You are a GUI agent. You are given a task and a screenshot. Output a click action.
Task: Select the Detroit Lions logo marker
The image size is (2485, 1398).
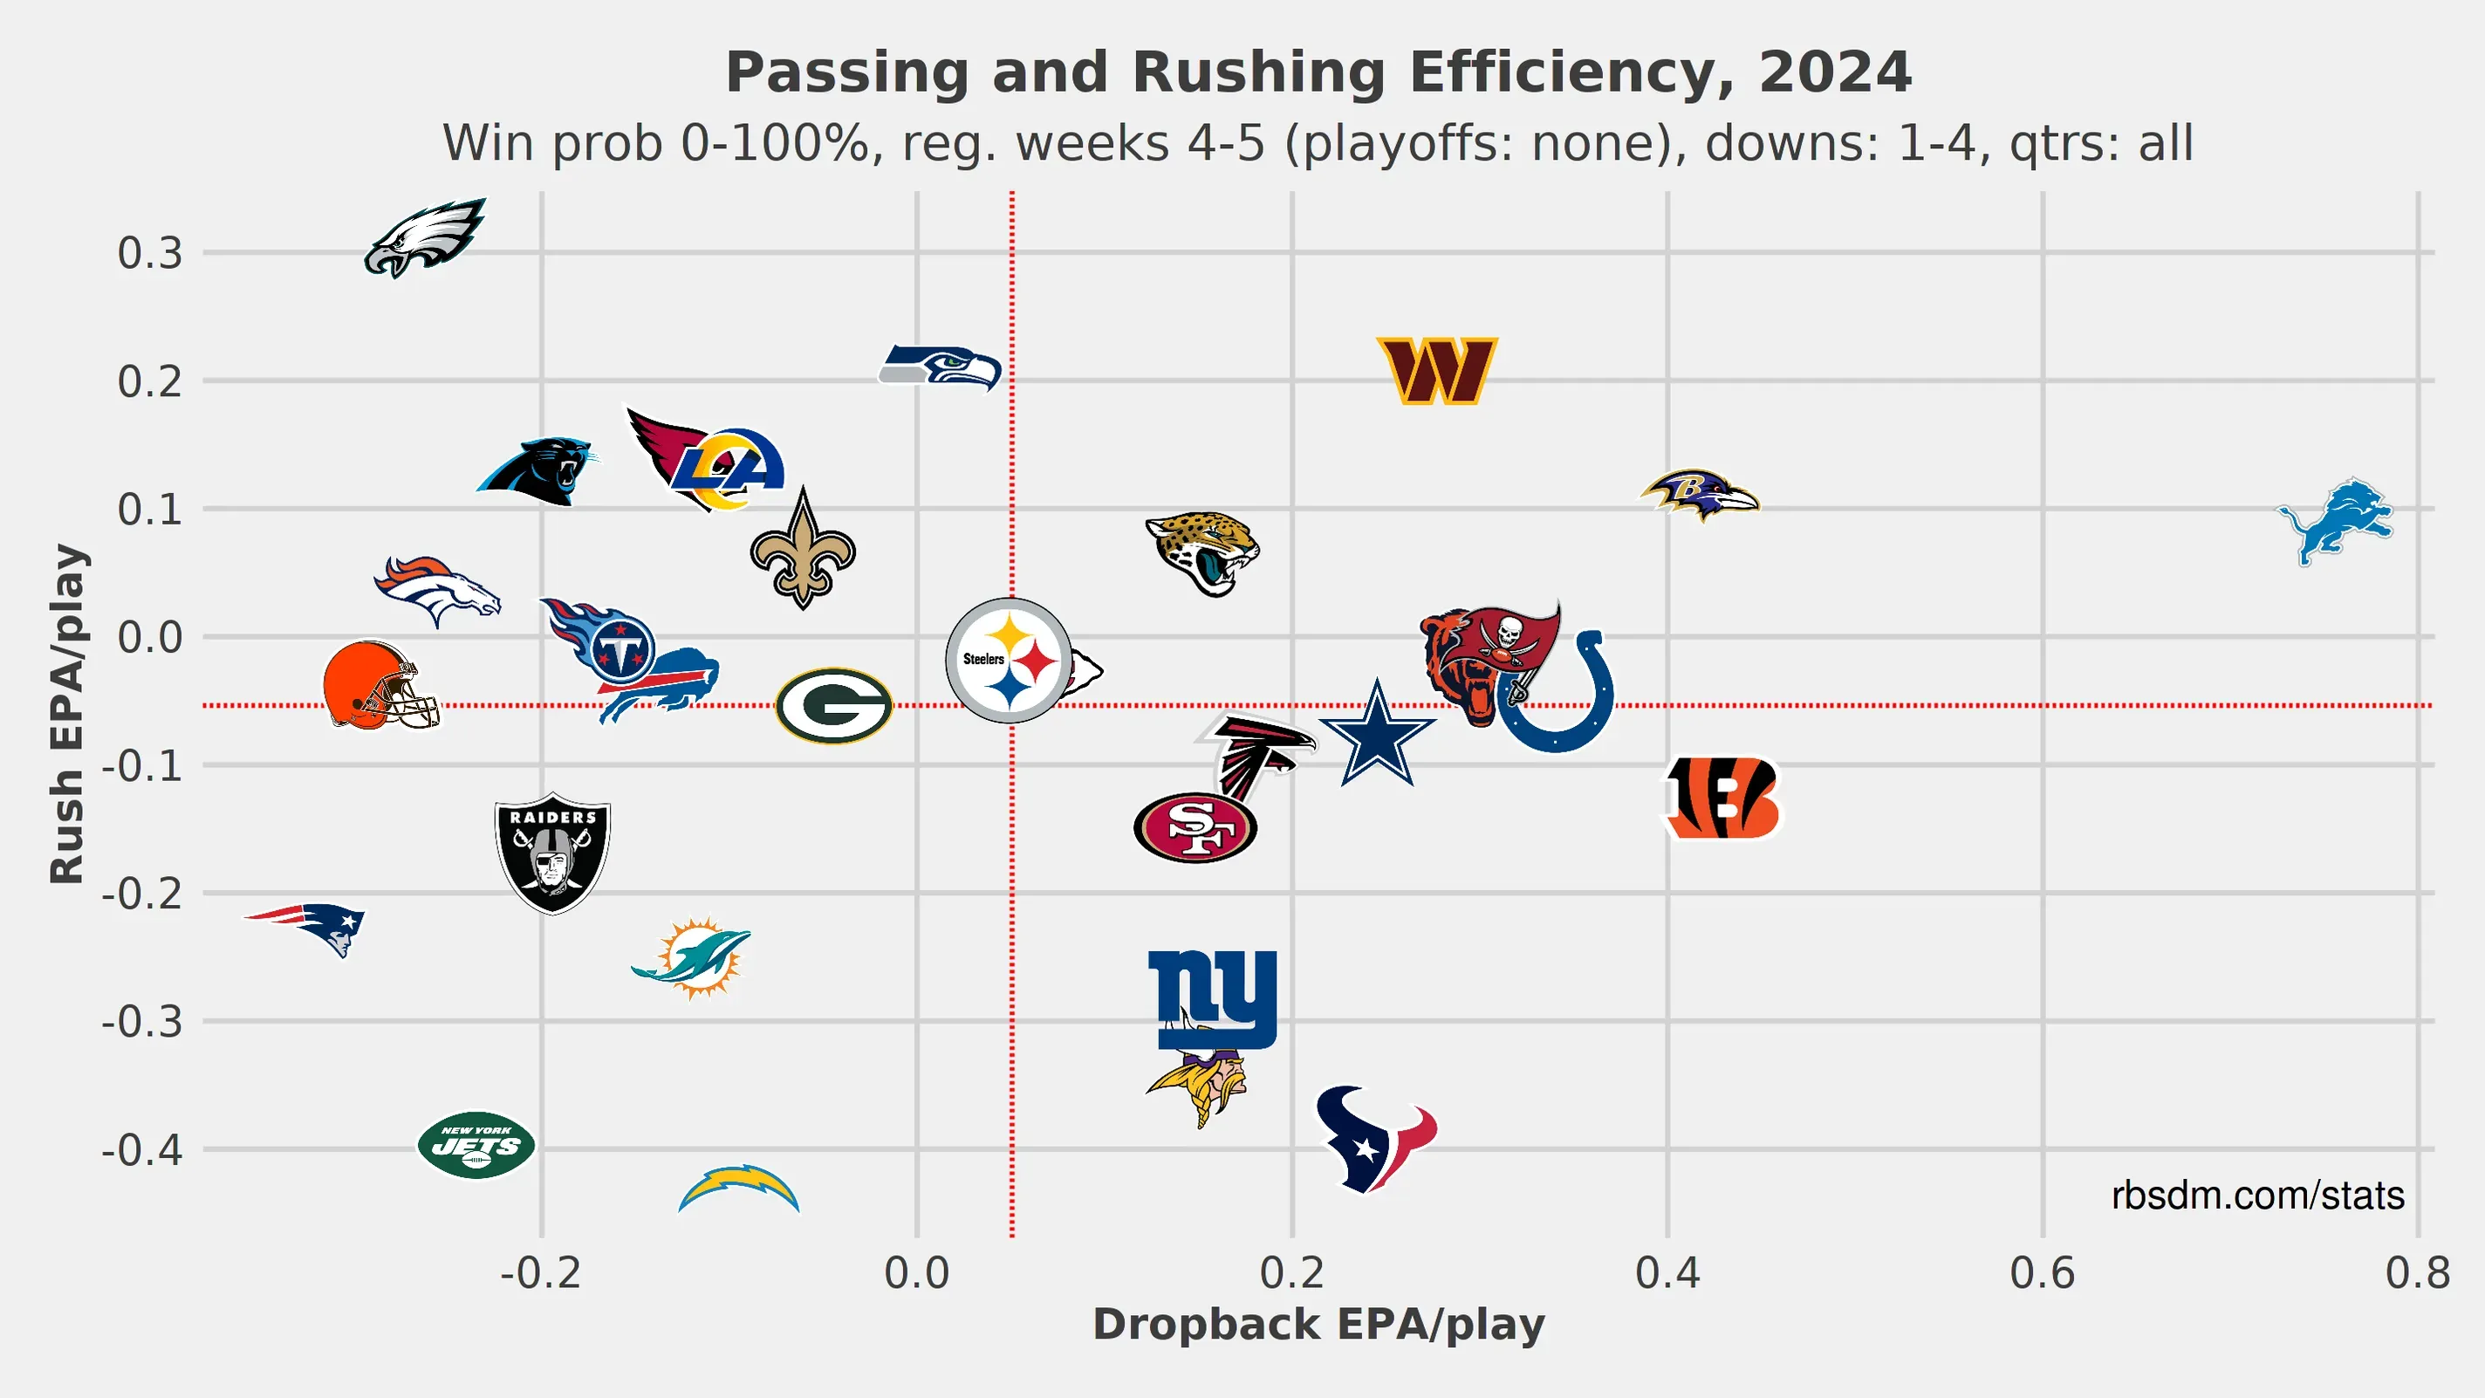point(2337,521)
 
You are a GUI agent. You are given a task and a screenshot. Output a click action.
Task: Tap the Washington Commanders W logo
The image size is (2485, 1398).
point(1436,371)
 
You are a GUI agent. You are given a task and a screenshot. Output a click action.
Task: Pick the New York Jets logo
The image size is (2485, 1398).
point(476,1145)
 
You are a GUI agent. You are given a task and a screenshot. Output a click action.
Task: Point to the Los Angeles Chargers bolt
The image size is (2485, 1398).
point(739,1189)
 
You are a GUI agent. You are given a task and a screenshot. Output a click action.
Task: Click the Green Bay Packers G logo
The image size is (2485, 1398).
point(833,705)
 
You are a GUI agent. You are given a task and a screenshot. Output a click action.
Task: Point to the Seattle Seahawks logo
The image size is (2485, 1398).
point(941,367)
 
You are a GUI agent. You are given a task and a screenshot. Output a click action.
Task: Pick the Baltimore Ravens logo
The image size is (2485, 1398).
point(1700,495)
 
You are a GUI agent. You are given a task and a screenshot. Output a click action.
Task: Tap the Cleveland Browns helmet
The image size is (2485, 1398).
point(379,686)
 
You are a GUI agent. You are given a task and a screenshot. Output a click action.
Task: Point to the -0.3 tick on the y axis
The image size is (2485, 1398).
point(143,1021)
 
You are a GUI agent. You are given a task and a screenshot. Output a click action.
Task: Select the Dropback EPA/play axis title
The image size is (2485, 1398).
point(1318,1325)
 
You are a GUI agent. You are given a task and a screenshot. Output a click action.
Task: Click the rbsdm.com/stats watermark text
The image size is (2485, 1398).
point(2256,1196)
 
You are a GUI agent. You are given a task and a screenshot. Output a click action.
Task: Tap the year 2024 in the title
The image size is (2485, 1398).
point(1834,72)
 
